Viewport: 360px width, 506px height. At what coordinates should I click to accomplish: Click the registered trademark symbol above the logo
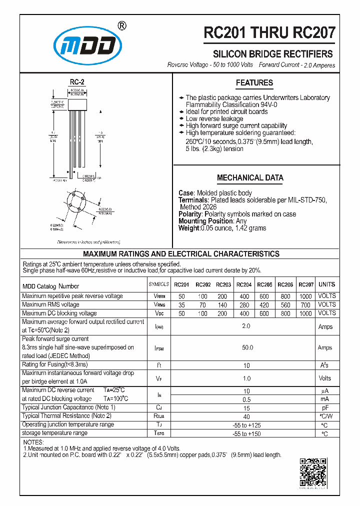tap(121, 26)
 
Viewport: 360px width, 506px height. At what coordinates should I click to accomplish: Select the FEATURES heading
tap(254, 83)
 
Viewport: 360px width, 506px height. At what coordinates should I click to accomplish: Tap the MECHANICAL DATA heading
tap(250, 177)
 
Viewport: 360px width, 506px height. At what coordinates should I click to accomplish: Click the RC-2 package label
tap(76, 82)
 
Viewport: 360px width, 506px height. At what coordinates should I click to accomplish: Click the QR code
tap(313, 472)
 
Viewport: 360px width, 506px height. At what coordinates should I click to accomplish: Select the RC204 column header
tap(243, 285)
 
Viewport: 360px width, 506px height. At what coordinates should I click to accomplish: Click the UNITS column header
tap(326, 284)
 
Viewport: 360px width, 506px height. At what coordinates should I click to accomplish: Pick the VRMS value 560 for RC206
tap(285, 304)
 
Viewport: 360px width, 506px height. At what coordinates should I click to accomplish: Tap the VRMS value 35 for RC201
tap(181, 304)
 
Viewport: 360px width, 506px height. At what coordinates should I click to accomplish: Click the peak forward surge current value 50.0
tap(247, 347)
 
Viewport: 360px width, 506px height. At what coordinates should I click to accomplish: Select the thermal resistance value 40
tap(246, 416)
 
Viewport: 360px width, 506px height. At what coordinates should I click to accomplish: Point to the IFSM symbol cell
tap(159, 347)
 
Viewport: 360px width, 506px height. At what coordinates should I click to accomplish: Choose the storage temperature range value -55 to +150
tap(246, 433)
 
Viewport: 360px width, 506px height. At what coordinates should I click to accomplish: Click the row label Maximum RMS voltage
tap(50, 304)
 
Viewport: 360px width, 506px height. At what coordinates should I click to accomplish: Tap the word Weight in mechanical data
tap(188, 228)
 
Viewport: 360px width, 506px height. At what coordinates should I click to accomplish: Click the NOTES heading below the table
tap(33, 442)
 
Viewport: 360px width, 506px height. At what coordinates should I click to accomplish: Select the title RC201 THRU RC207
tap(269, 33)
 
